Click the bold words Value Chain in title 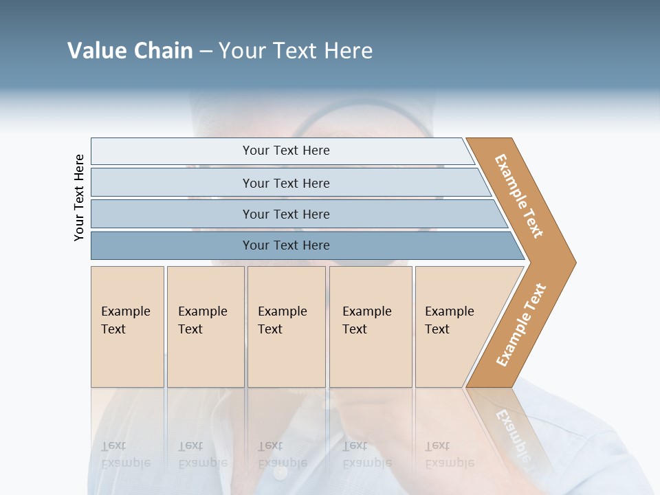point(130,51)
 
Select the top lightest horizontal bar point(172,151)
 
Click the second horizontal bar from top point(172,183)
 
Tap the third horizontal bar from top point(172,214)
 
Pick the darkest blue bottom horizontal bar point(172,245)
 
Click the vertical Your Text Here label point(79,197)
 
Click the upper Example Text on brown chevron point(519,196)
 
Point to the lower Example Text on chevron point(521,325)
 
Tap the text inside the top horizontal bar point(286,151)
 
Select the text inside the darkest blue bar point(286,245)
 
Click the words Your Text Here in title point(296,51)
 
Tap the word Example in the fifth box point(450,311)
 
